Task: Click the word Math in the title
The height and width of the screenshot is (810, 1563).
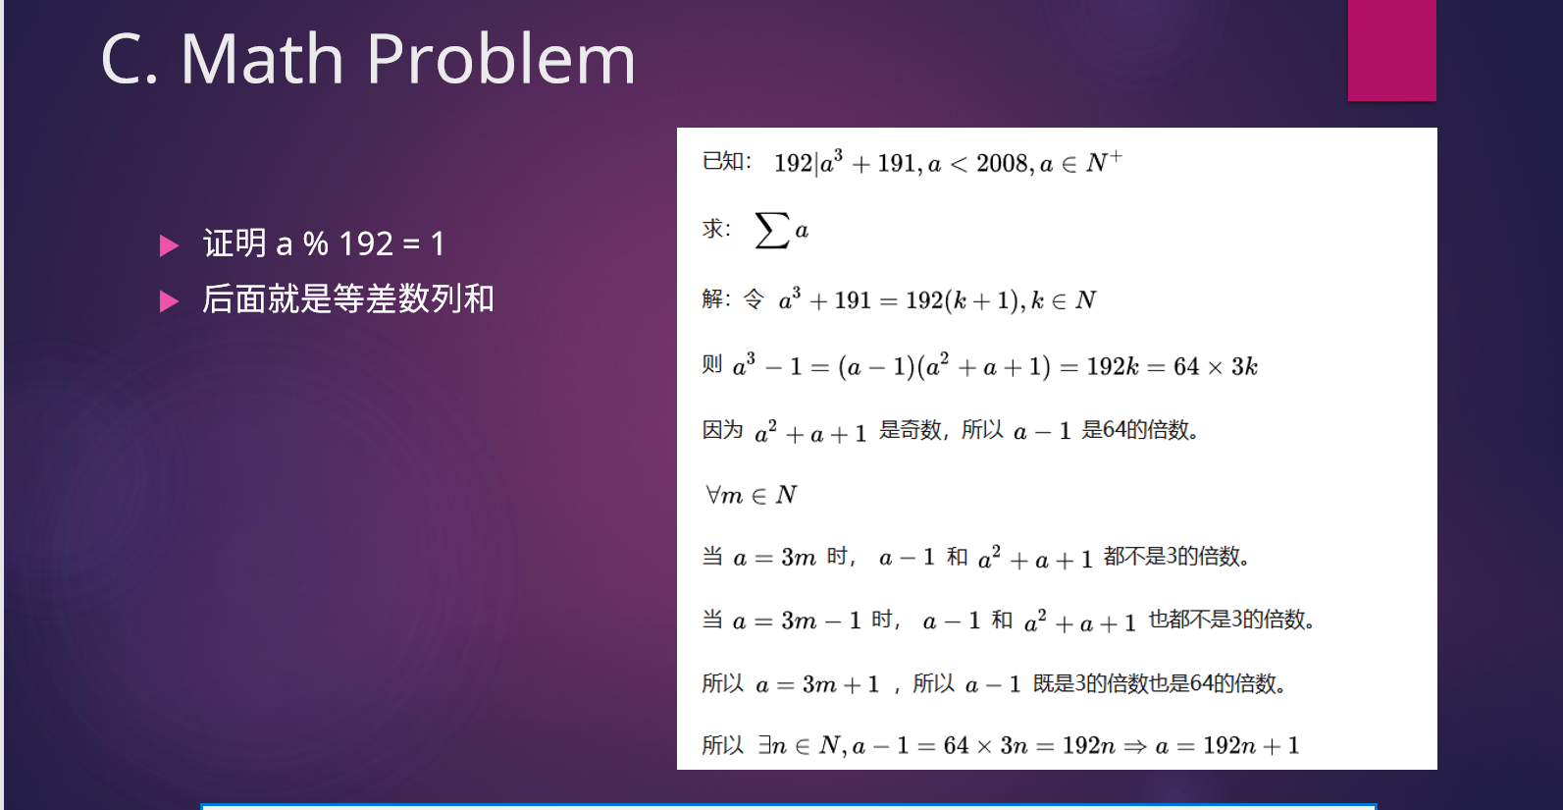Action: point(262,59)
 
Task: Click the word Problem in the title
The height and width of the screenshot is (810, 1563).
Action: point(501,59)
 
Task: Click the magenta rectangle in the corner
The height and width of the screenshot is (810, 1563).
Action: point(1392,50)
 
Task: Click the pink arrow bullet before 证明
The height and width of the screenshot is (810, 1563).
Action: point(169,245)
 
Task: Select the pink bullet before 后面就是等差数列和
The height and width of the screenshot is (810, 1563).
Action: point(169,301)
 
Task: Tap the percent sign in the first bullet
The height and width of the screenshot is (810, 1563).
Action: point(315,244)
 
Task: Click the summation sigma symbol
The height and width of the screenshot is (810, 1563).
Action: point(772,230)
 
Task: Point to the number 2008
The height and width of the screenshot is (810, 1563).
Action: point(1002,163)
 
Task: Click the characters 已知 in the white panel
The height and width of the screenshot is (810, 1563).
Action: point(723,161)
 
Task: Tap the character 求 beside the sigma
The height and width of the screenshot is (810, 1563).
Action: point(712,229)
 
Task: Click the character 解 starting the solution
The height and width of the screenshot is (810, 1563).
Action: point(712,298)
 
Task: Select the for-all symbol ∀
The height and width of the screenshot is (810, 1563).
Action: point(713,495)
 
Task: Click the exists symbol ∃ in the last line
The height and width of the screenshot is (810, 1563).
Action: point(764,745)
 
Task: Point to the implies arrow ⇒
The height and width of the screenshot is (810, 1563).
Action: point(1135,746)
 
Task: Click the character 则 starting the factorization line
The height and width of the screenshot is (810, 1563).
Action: point(712,364)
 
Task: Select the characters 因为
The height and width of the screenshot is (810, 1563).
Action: point(723,429)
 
